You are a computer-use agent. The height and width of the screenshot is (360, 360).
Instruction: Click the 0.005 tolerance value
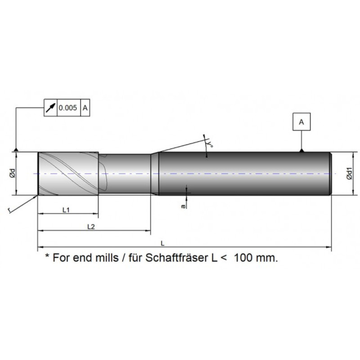tap(68, 108)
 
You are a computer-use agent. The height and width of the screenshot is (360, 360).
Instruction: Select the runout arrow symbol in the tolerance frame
tap(50, 108)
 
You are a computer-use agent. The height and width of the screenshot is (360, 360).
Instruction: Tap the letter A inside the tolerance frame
tap(85, 108)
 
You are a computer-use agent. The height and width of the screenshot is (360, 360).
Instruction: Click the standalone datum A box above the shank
tap(301, 121)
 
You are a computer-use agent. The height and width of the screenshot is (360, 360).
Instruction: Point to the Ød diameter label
tap(13, 173)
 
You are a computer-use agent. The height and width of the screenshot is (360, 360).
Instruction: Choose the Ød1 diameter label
tap(349, 173)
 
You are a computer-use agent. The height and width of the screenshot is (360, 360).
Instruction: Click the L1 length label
tap(66, 210)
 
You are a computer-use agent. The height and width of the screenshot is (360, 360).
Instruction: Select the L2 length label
tap(91, 227)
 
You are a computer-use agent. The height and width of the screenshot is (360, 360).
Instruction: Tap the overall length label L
tap(162, 243)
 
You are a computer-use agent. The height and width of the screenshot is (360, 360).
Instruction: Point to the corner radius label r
tap(9, 210)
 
